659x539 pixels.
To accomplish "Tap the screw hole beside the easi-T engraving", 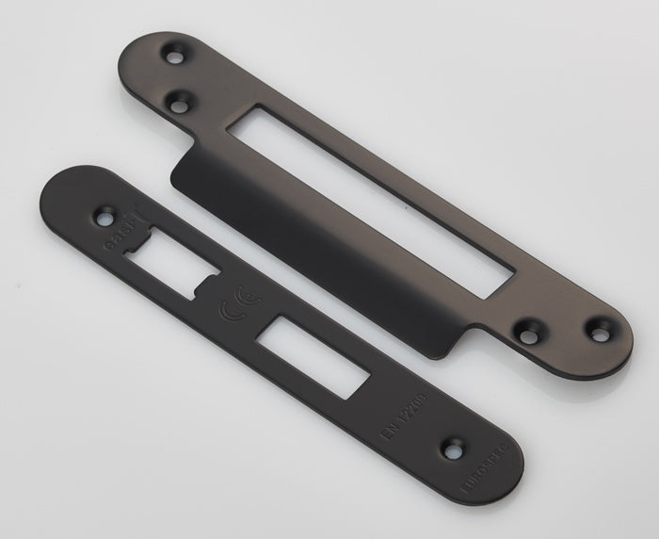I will (x=104, y=218).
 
